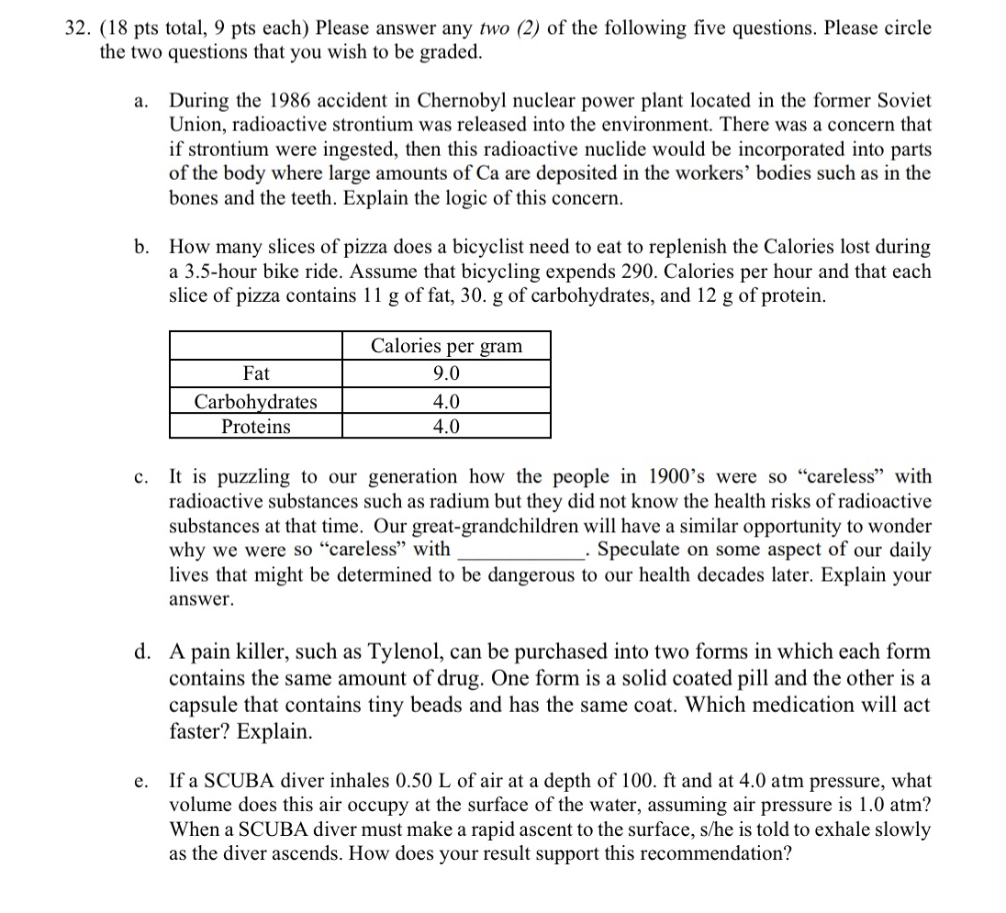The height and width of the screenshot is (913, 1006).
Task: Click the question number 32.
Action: point(80,28)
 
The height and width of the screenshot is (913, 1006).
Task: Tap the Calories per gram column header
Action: point(446,346)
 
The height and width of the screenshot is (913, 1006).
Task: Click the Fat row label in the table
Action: point(256,374)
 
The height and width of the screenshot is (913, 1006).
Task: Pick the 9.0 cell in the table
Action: point(446,374)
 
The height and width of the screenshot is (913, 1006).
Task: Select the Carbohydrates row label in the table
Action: point(256,402)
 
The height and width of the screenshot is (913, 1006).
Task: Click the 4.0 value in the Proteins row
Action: point(446,427)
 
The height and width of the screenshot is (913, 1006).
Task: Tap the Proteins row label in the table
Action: point(256,427)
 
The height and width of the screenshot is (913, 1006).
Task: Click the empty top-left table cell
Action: point(256,346)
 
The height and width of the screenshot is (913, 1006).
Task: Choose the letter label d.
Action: point(142,652)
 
